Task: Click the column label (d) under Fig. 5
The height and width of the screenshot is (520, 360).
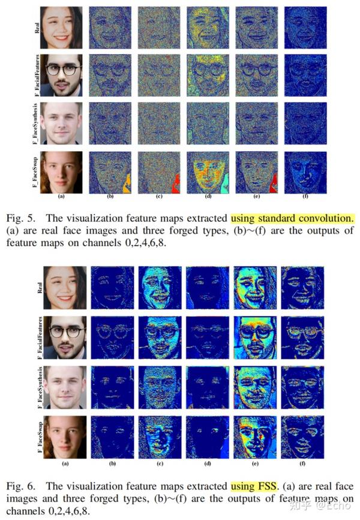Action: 207,196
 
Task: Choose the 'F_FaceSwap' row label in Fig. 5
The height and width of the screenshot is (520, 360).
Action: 37,172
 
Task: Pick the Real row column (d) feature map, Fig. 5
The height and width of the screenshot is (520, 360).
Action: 207,28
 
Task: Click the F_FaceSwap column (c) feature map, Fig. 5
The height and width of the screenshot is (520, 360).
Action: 158,172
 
